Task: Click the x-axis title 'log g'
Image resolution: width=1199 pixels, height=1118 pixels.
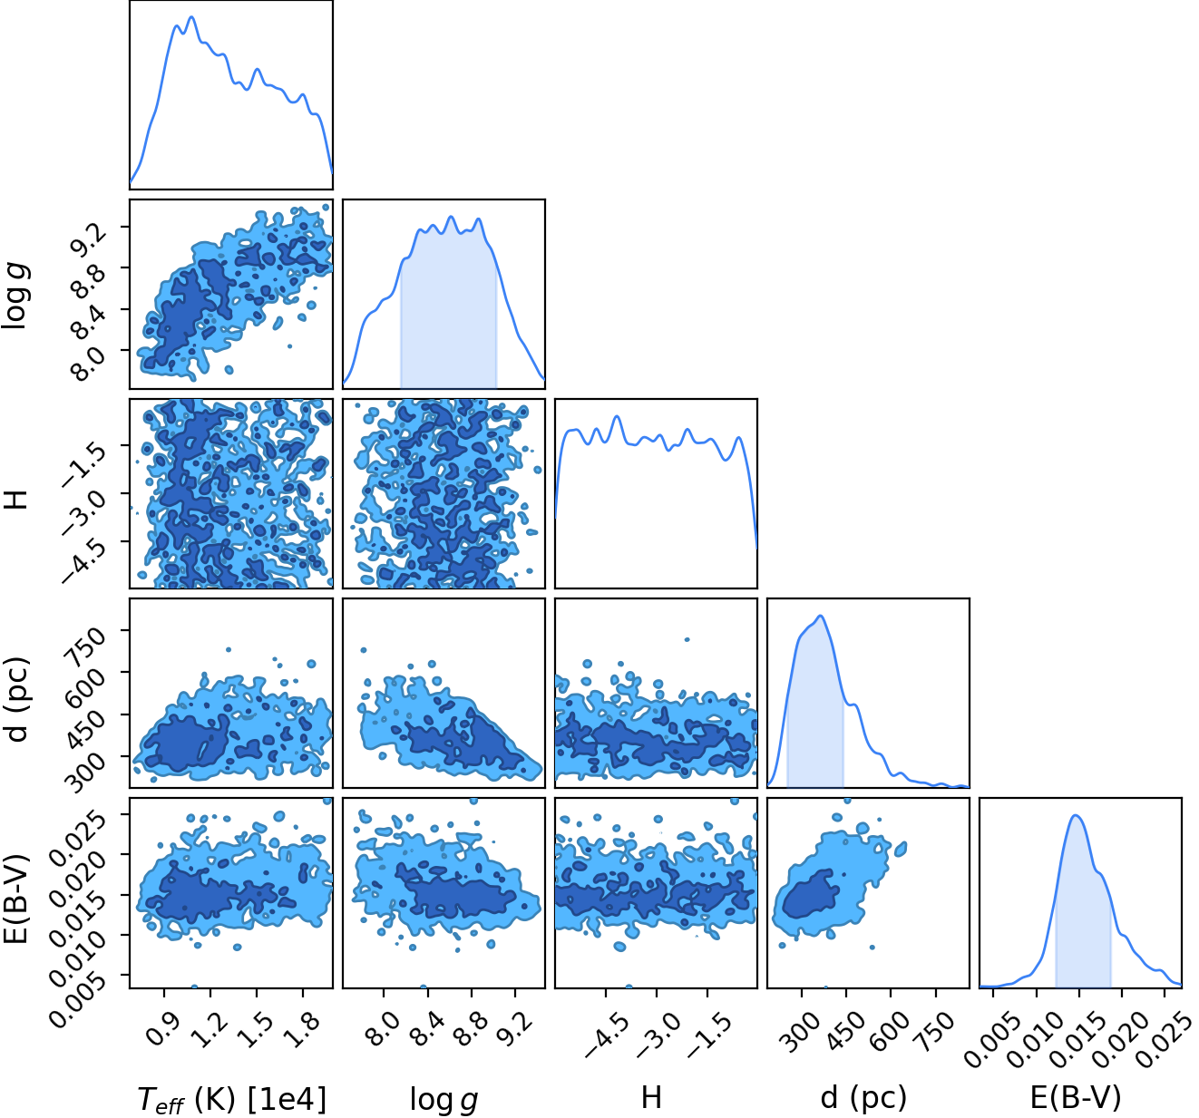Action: [x=444, y=1099]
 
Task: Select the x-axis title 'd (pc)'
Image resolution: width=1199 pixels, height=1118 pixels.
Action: [x=863, y=1097]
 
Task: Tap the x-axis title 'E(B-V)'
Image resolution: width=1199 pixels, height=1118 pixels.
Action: [x=1076, y=1097]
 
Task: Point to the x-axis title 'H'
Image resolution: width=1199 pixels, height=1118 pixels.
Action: [x=651, y=1097]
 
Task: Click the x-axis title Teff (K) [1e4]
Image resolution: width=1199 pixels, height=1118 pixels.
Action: [x=232, y=1099]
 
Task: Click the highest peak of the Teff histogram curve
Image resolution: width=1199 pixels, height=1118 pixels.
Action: [x=192, y=17]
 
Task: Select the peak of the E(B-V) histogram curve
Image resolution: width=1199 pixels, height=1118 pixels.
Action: [x=1076, y=815]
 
